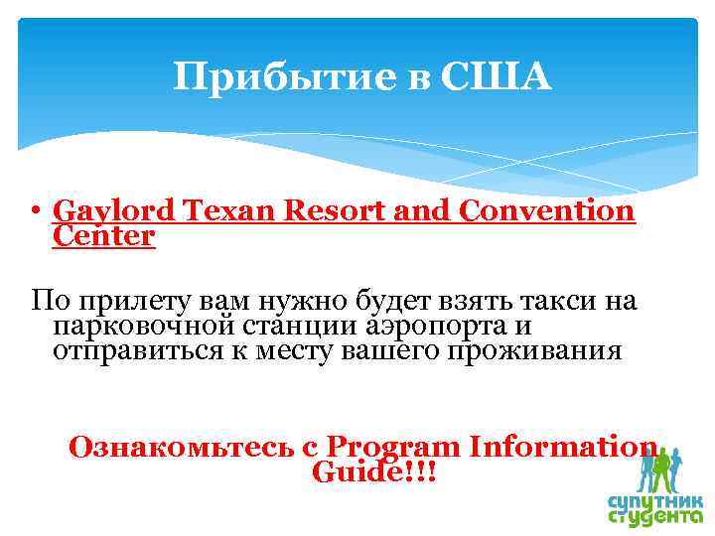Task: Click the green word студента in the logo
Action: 654,517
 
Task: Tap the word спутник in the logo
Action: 655,499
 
